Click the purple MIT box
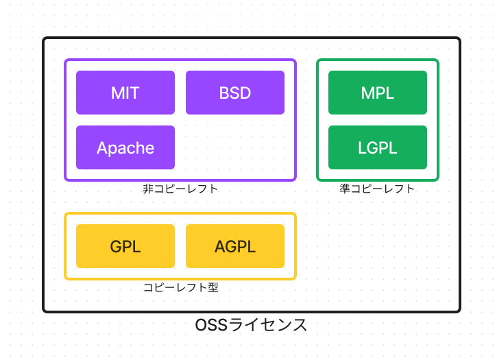pyautogui.click(x=125, y=93)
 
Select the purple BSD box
pyautogui.click(x=235, y=93)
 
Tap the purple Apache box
pyautogui.click(x=125, y=147)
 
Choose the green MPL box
pyautogui.click(x=378, y=93)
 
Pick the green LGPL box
pyautogui.click(x=378, y=147)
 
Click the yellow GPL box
pyautogui.click(x=125, y=246)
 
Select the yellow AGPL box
pyautogui.click(x=235, y=246)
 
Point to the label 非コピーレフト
pyautogui.click(x=180, y=189)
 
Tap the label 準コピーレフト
pyautogui.click(x=378, y=189)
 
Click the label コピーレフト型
pyautogui.click(x=180, y=287)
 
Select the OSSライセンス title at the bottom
pyautogui.click(x=252, y=325)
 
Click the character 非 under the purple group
pyautogui.click(x=147, y=189)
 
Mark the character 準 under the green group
pyautogui.click(x=345, y=189)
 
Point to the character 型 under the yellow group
pyautogui.click(x=213, y=287)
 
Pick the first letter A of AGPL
pyautogui.click(x=220, y=246)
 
